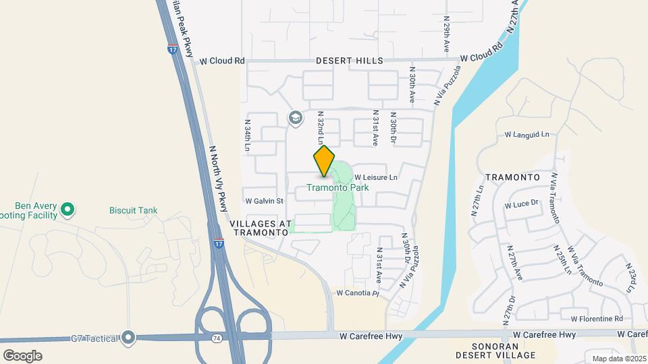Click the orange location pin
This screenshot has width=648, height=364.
[x=324, y=160]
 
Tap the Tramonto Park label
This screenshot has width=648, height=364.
[x=337, y=187]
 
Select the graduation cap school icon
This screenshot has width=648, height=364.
[x=295, y=118]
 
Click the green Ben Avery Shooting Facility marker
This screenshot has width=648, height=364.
[x=67, y=210]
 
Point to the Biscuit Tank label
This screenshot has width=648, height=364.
[x=133, y=210]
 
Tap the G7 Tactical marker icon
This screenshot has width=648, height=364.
[x=128, y=338]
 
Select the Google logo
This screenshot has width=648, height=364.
[x=22, y=355]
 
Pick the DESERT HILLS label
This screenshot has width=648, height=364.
[x=350, y=61]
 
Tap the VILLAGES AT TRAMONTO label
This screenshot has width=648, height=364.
[x=260, y=227]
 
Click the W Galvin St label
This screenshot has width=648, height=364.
[x=264, y=201]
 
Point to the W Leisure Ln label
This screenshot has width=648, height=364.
[x=375, y=177]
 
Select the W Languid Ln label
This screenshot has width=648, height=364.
[x=526, y=135]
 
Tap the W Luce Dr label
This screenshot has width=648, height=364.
[x=524, y=203]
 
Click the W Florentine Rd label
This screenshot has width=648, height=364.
[x=596, y=318]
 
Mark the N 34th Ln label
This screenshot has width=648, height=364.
[x=248, y=135]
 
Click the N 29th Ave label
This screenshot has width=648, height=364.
[x=446, y=35]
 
